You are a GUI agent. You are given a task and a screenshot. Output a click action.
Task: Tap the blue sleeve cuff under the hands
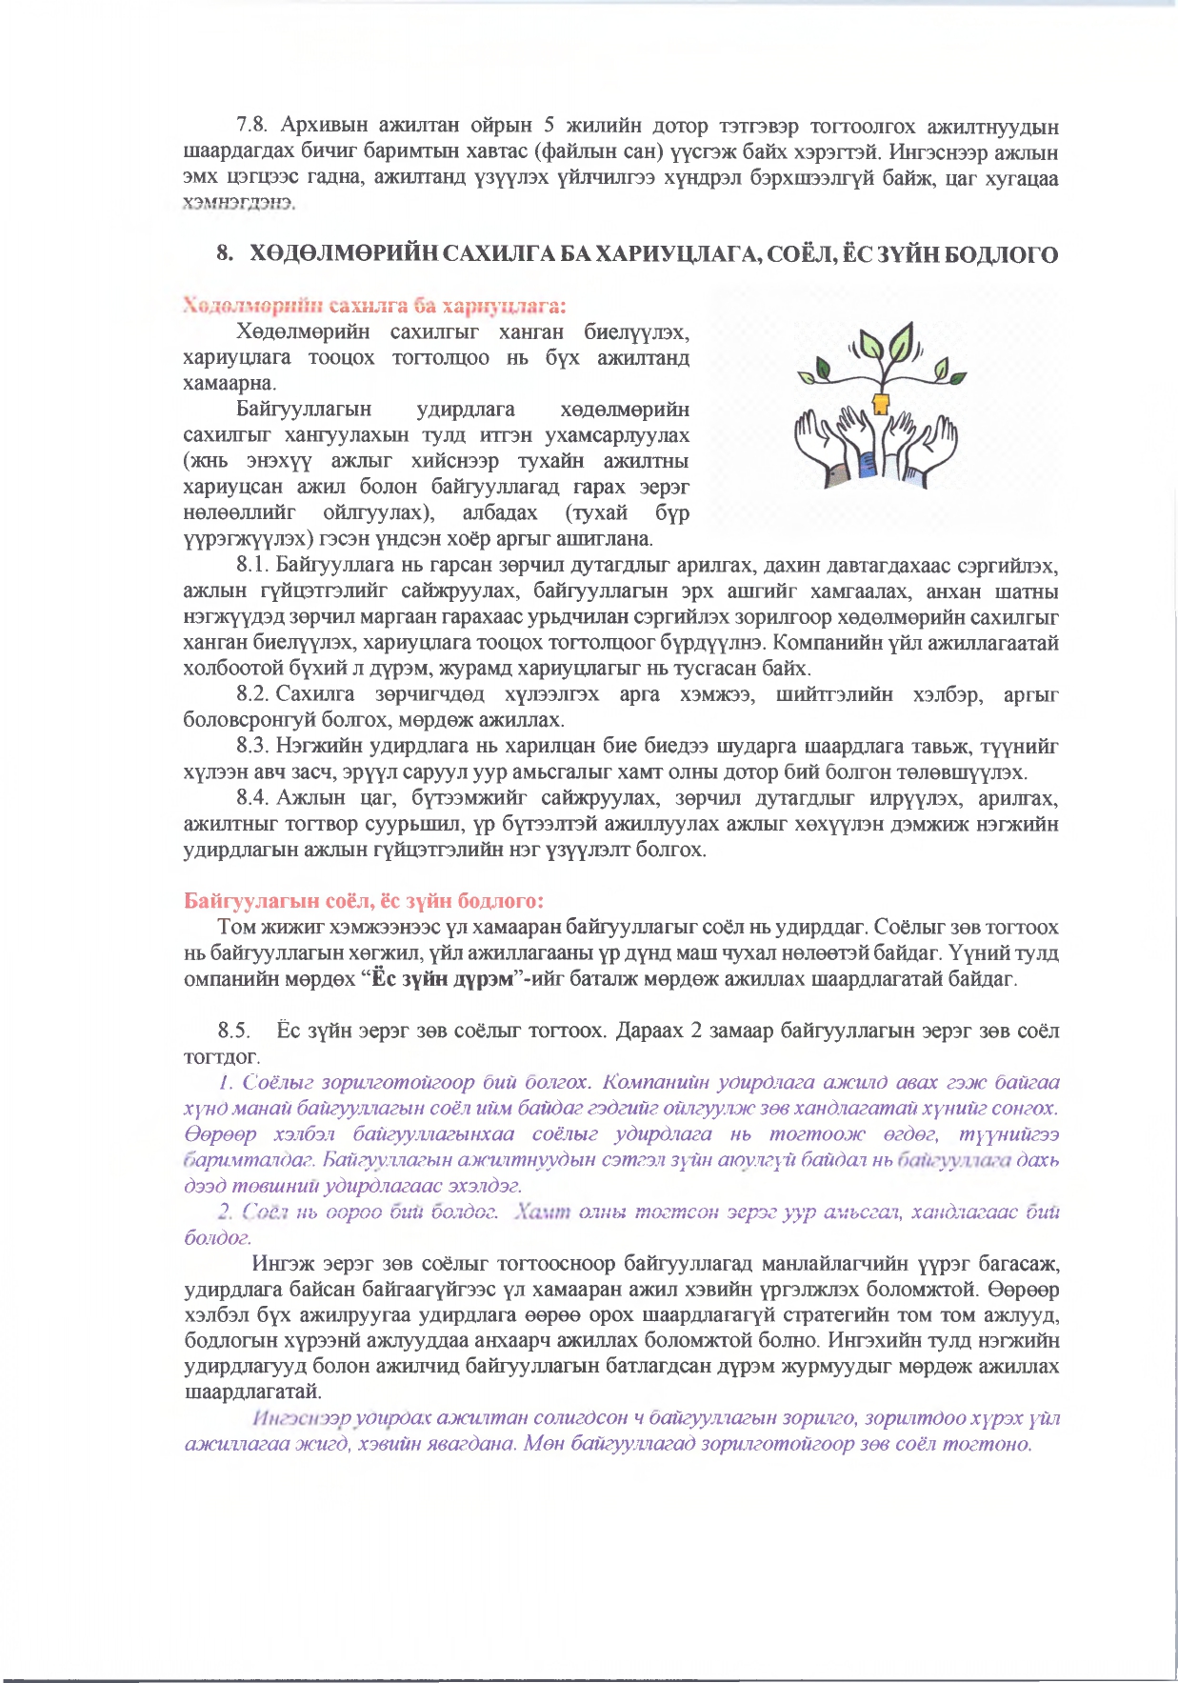tap(867, 465)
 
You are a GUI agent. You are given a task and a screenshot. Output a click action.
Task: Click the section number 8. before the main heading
tap(225, 254)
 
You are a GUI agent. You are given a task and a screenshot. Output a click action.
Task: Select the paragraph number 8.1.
tap(253, 566)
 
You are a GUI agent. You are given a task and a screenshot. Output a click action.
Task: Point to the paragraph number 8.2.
tap(253, 694)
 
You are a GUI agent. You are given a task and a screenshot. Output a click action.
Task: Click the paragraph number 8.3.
tap(253, 746)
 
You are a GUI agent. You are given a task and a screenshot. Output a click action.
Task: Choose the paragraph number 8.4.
tap(253, 797)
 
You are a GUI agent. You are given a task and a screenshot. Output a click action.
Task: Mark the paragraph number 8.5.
tap(234, 1031)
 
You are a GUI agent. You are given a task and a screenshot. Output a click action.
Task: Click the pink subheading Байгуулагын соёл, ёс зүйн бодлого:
tap(364, 901)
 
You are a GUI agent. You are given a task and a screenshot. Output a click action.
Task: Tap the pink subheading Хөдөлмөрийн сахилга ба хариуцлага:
tap(375, 306)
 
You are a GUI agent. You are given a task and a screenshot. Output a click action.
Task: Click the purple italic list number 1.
tap(226, 1083)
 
